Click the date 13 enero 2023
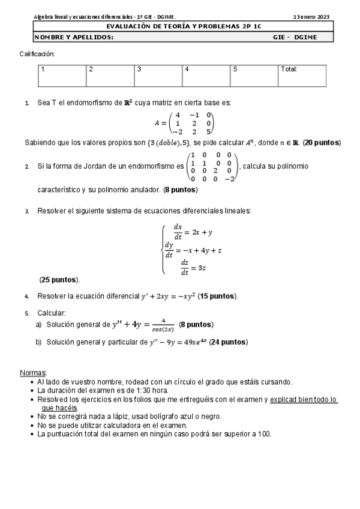point(311,17)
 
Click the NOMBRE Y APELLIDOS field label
point(73,37)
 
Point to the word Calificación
point(37,54)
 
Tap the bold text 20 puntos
point(322,143)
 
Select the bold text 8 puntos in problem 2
point(180,190)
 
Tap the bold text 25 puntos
point(59,280)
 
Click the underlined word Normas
point(33,373)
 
